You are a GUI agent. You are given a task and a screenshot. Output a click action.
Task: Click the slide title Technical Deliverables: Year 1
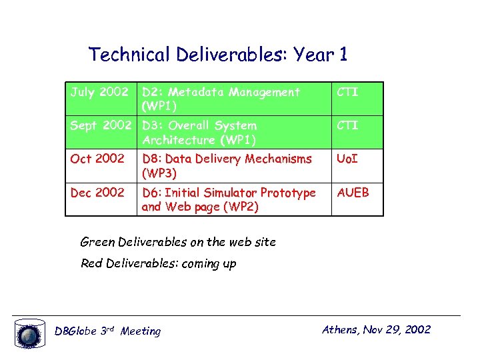(218, 54)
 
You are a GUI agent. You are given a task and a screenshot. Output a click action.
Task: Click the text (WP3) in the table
(159, 173)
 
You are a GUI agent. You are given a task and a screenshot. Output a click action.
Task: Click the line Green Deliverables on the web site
(177, 242)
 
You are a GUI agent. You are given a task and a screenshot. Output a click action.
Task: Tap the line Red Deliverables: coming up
(158, 263)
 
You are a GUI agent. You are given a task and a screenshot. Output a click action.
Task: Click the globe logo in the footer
(29, 334)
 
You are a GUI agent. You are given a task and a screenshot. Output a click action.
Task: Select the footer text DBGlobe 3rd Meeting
(107, 331)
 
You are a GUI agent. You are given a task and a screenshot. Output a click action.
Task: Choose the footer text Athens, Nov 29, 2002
(376, 329)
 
